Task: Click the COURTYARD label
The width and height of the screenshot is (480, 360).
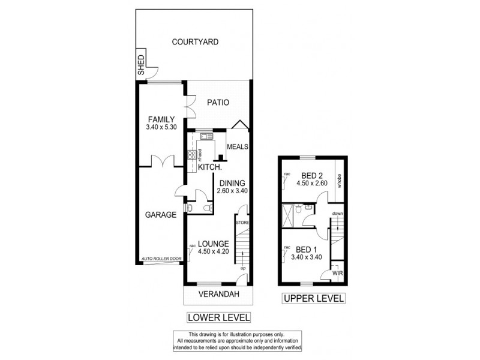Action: pos(195,42)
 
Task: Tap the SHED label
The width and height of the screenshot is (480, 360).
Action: pos(142,64)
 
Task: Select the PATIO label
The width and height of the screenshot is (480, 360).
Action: pos(218,103)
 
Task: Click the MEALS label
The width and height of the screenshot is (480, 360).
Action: pos(238,146)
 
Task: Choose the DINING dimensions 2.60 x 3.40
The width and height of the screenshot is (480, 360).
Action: pos(232,191)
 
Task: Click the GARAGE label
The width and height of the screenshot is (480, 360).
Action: pos(160,214)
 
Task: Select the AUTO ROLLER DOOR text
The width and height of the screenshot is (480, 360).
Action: pos(161,259)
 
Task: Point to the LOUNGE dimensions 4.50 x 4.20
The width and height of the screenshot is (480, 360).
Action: pos(214,251)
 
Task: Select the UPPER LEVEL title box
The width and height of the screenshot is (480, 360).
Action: pos(314,298)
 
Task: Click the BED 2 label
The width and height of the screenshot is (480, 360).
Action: pos(312,176)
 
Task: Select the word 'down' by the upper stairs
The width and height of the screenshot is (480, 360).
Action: pos(338,213)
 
